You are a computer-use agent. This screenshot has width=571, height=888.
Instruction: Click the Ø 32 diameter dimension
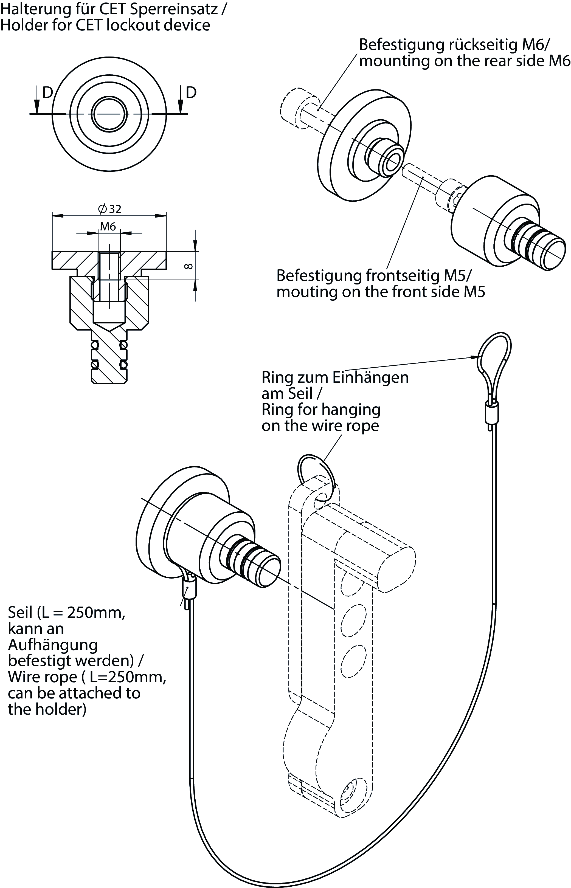pos(110,209)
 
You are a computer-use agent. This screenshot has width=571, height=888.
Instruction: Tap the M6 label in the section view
pos(108,226)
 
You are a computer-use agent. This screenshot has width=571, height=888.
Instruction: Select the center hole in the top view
pos(109,114)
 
